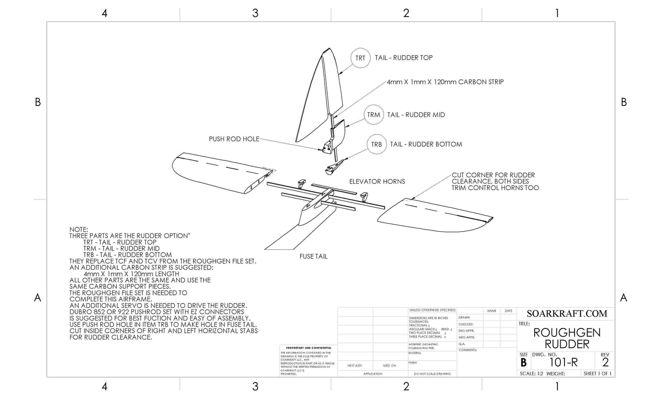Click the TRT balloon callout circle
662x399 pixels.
click(360, 58)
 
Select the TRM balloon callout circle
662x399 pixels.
click(373, 115)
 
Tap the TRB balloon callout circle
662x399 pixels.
click(376, 144)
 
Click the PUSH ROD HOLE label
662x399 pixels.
click(234, 139)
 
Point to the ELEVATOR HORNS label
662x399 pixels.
click(377, 182)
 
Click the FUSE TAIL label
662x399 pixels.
click(313, 256)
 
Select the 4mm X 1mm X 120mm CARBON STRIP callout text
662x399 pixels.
click(445, 82)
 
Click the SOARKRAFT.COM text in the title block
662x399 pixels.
click(567, 314)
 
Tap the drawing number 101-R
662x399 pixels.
click(564, 362)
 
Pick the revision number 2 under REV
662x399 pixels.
click(605, 362)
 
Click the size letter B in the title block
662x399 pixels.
click(523, 362)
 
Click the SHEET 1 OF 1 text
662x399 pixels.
click(597, 374)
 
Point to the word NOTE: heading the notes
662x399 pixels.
click(78, 229)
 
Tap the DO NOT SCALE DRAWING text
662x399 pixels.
click(432, 374)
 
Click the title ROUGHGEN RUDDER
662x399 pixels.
click(567, 338)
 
